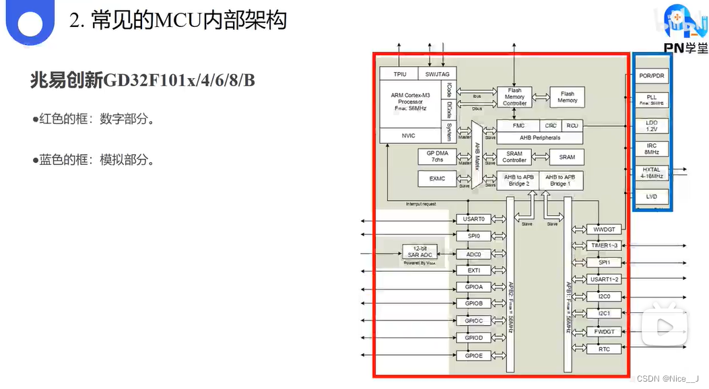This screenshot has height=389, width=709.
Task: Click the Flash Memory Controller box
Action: pos(514,96)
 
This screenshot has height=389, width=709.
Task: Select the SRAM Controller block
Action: pos(514,157)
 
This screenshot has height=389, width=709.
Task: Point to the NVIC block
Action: pos(408,136)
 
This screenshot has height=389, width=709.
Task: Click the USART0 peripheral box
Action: pos(474,219)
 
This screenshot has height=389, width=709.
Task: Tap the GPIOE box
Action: pos(474,355)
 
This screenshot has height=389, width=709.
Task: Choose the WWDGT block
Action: pos(604,229)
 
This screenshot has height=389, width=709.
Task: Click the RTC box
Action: pos(604,349)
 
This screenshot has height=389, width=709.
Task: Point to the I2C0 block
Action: pos(604,296)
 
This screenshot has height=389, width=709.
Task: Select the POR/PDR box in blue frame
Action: pos(652,76)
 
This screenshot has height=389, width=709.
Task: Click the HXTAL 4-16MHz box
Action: pos(652,172)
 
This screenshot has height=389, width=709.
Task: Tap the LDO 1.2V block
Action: pos(652,125)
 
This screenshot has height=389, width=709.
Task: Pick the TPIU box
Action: pos(399,73)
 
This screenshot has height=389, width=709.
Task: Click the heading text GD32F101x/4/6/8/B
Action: pos(142,80)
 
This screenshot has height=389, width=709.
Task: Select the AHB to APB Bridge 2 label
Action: pos(518,180)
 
